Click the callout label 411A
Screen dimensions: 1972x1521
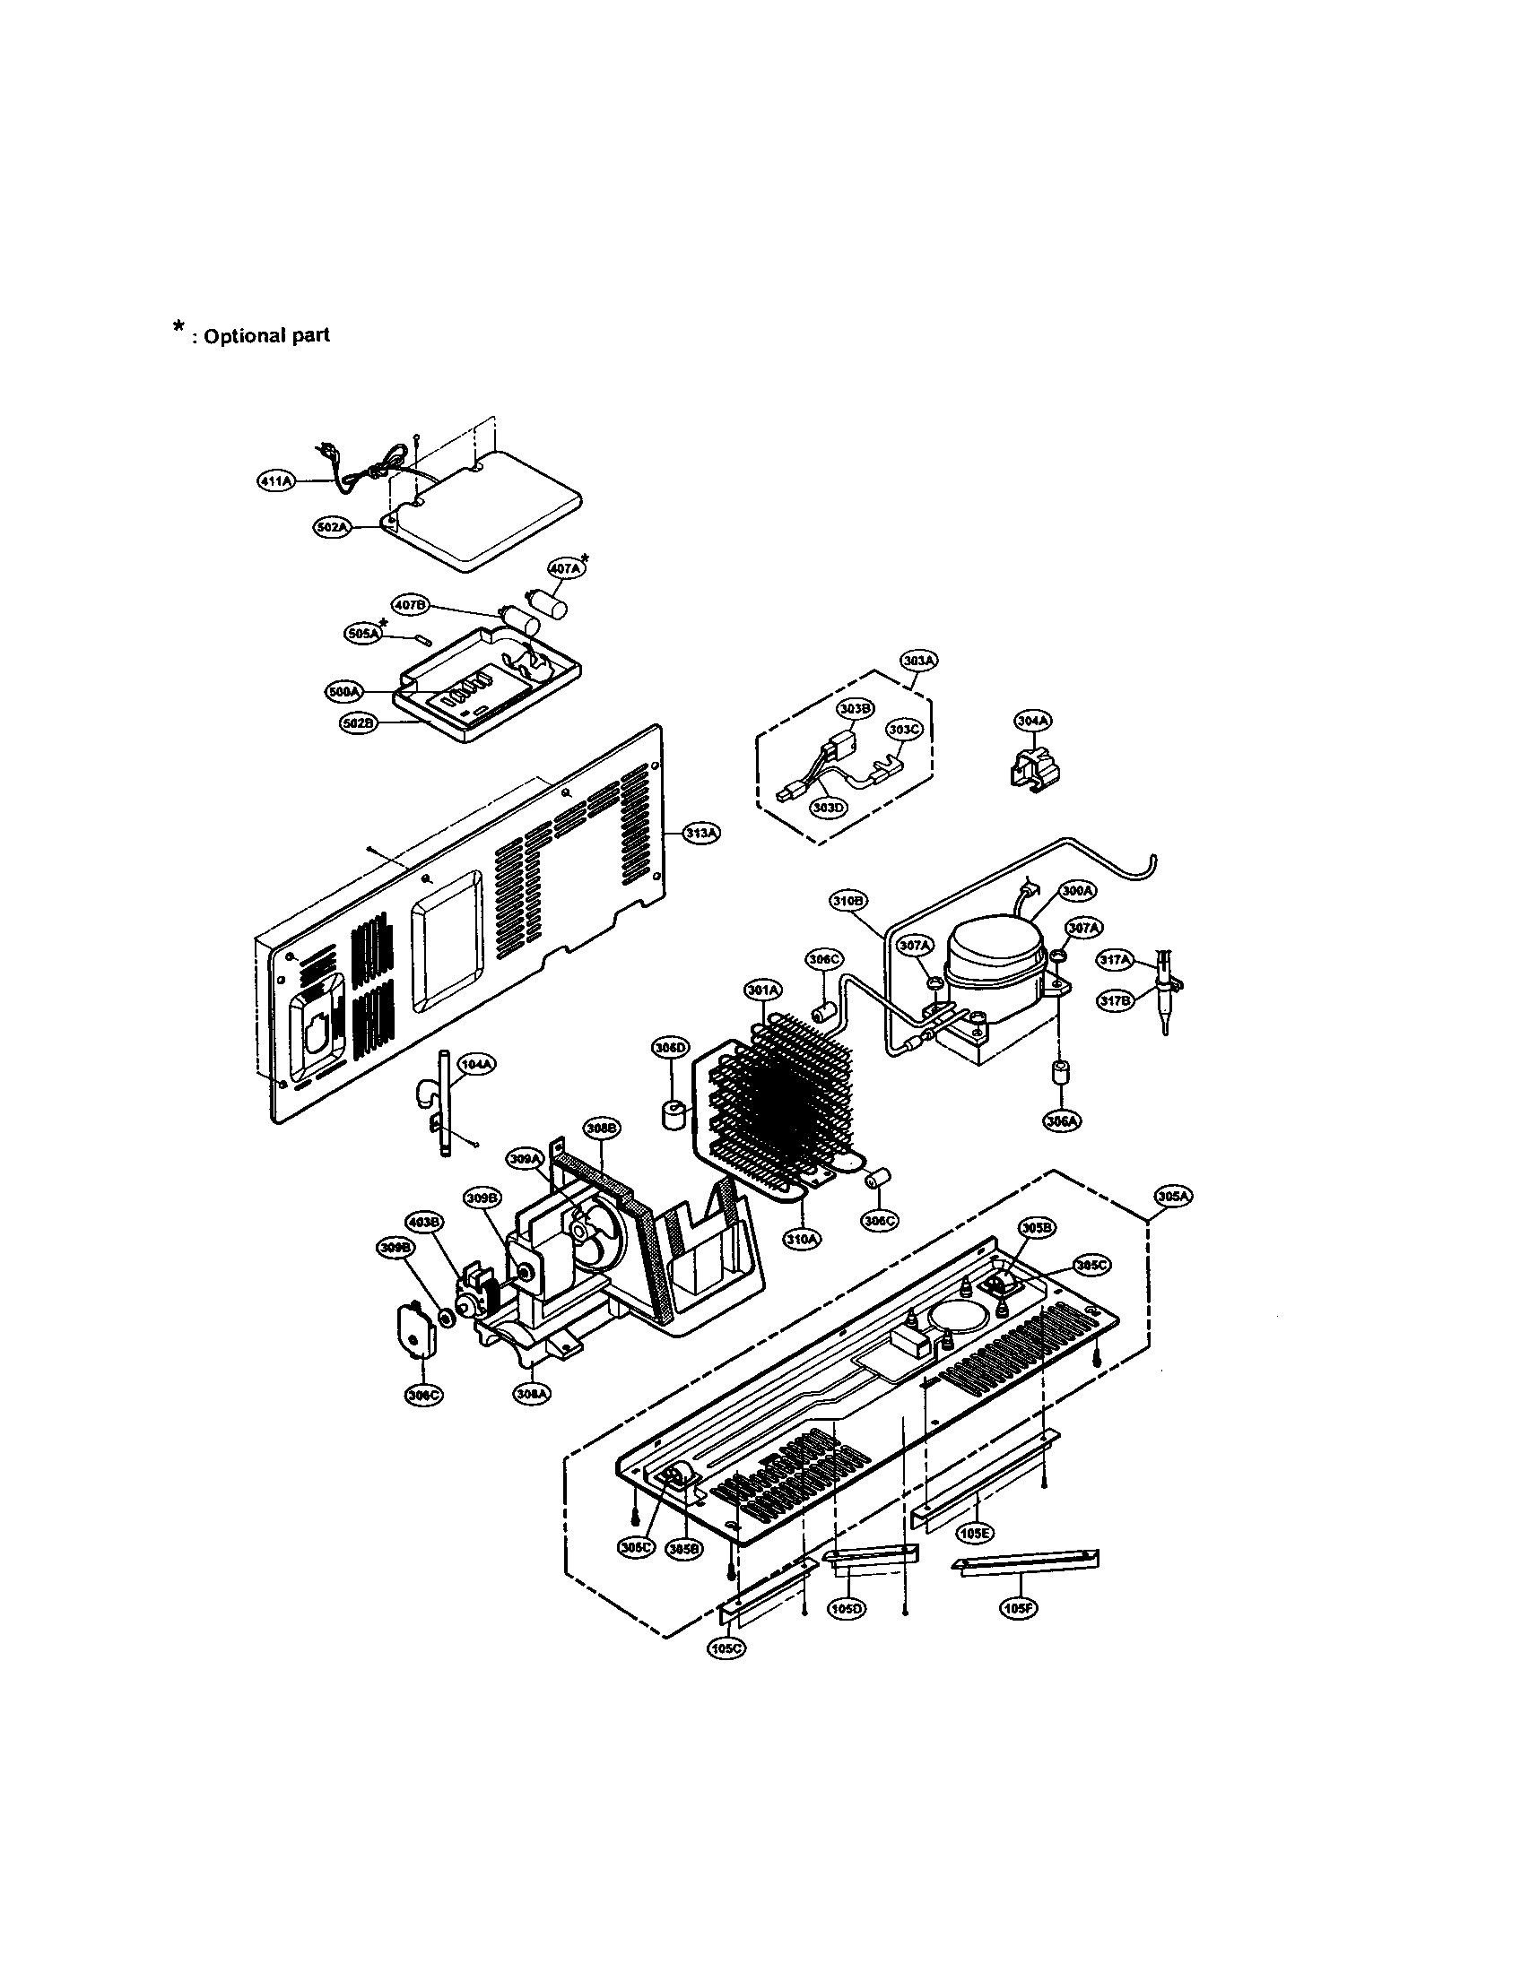(276, 481)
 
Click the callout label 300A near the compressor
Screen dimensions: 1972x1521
(1078, 890)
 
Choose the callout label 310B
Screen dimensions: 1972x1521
(848, 901)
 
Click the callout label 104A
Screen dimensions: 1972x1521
(477, 1065)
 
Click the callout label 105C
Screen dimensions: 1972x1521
(727, 1645)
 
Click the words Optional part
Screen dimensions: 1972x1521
(266, 336)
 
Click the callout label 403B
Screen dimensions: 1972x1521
(424, 1223)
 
